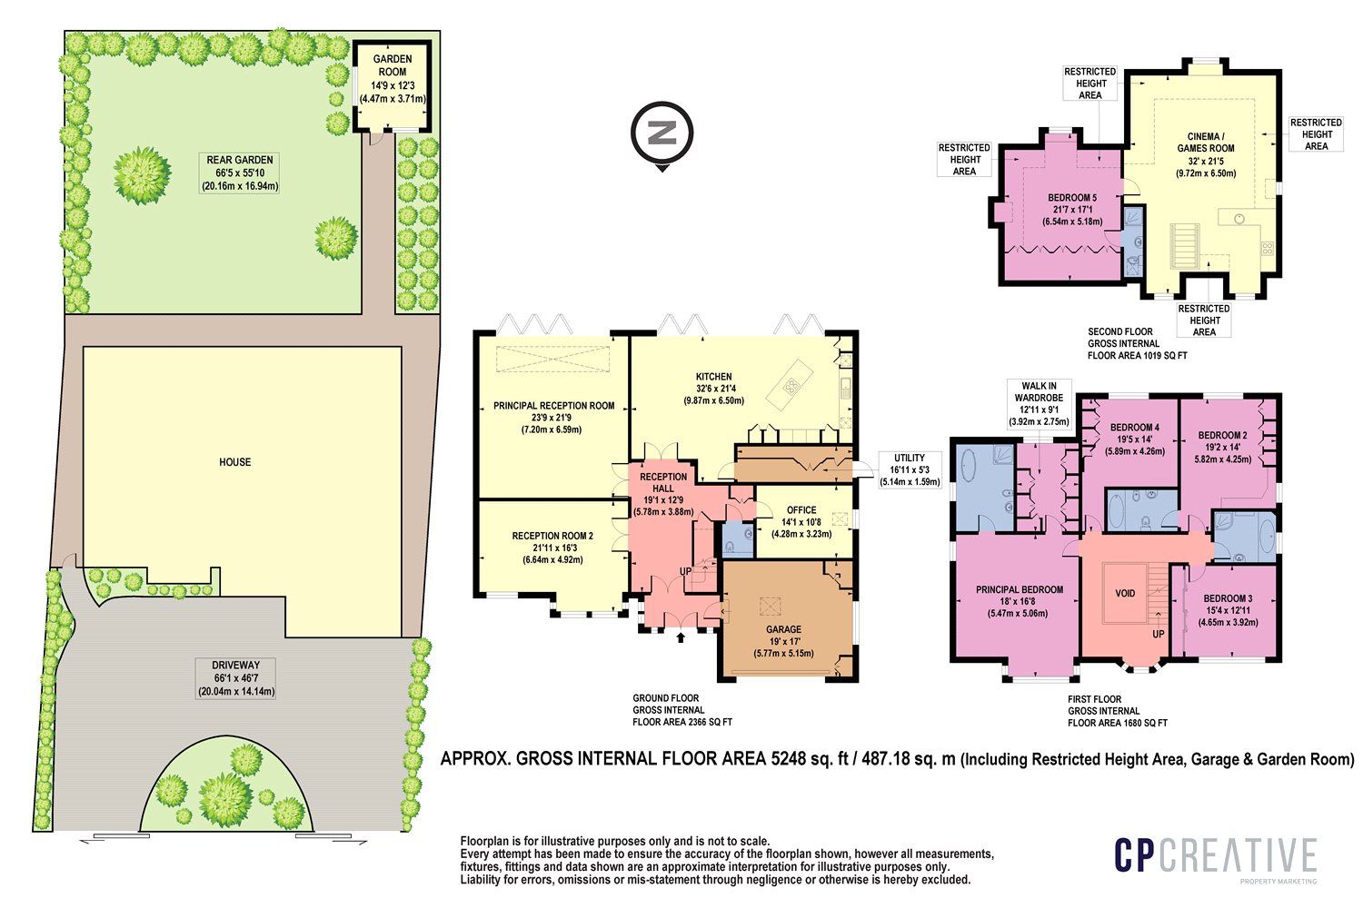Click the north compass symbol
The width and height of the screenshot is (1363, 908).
[x=662, y=135]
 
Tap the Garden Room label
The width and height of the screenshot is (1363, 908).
[x=393, y=79]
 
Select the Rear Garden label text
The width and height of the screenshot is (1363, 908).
[x=239, y=173]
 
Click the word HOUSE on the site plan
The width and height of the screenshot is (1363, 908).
[x=234, y=462]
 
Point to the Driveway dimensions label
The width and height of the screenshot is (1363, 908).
[x=236, y=678]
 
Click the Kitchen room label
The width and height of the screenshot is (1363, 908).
[x=713, y=389]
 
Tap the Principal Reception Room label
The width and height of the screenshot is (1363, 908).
[x=553, y=418]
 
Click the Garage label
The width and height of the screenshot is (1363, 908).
[x=783, y=640]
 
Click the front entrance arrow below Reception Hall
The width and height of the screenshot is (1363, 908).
[x=681, y=637]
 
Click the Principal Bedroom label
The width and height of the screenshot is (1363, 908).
[x=1020, y=601]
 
